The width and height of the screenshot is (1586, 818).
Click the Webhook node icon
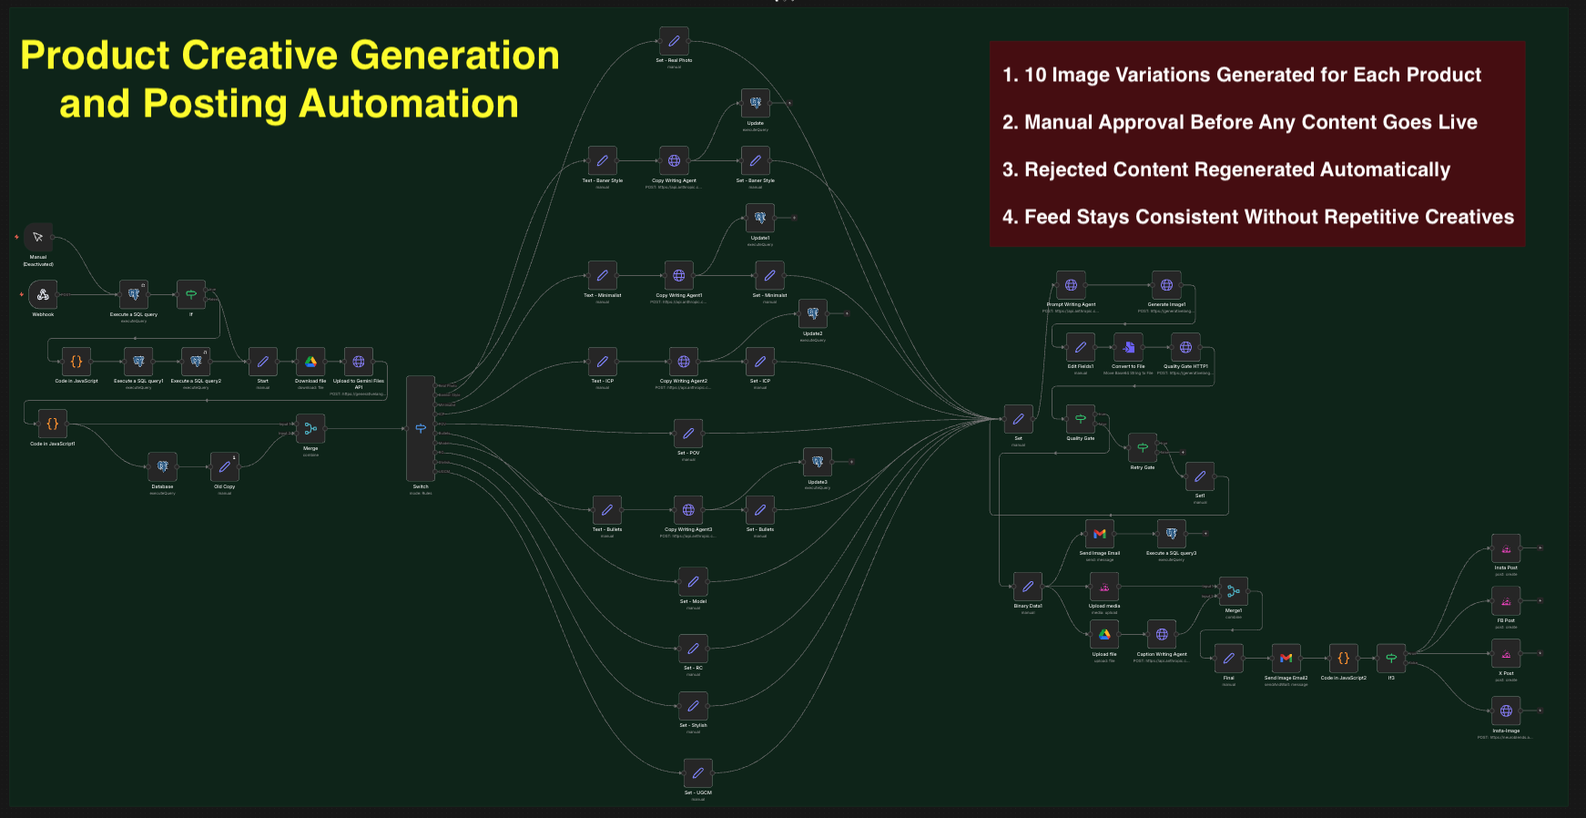[43, 294]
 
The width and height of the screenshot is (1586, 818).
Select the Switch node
[421, 428]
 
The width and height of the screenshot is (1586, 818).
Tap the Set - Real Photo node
[674, 41]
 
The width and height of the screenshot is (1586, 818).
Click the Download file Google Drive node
[310, 362]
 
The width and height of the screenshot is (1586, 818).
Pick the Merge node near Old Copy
[310, 428]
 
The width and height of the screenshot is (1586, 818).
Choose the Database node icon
[162, 466]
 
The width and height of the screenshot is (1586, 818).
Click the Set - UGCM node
[698, 773]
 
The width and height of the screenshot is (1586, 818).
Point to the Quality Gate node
[1081, 419]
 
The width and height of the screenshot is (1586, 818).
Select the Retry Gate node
[1143, 447]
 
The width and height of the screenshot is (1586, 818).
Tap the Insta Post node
[1506, 548]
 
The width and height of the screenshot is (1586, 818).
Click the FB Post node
[1506, 601]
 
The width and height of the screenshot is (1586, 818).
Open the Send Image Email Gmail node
[1100, 534]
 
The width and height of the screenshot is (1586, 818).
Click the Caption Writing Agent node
[1162, 634]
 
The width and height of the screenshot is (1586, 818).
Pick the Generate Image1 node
[1166, 285]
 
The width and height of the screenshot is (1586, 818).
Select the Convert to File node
[1129, 347]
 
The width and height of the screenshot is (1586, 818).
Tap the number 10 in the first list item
[1036, 76]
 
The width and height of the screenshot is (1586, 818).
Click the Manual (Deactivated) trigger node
[38, 237]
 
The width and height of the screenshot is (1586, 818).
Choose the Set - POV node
[688, 434]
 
